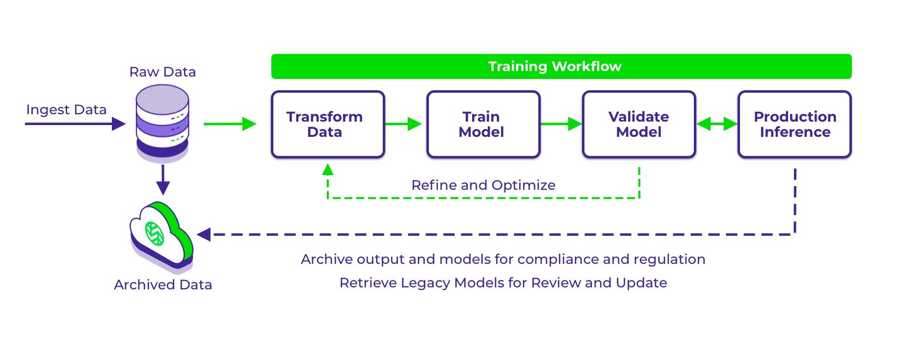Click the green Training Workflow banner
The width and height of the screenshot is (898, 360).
(561, 67)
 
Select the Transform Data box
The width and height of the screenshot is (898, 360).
(328, 124)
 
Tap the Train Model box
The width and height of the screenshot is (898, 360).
(483, 124)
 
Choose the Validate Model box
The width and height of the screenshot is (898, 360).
(639, 124)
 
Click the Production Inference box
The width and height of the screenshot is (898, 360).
(794, 124)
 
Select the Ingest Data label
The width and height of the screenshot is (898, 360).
(66, 110)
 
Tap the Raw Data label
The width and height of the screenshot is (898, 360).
(162, 72)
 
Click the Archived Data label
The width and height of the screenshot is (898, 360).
(163, 285)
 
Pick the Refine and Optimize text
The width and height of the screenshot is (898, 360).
(483, 185)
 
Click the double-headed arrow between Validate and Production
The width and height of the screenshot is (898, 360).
(717, 124)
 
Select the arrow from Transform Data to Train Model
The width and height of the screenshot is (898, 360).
(403, 124)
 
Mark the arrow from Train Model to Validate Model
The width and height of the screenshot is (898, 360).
(561, 124)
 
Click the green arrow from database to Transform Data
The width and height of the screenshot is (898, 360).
(230, 124)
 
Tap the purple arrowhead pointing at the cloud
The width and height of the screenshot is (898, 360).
(204, 234)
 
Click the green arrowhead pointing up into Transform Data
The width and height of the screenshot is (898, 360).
(328, 170)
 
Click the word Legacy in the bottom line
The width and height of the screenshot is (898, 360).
(426, 283)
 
